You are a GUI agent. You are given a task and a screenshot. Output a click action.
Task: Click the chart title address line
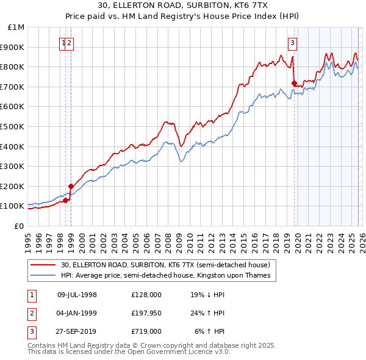click(183, 5)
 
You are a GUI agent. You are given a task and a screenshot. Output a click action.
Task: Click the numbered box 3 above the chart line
click(293, 43)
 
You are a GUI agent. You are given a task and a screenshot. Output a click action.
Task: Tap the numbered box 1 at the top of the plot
click(63, 43)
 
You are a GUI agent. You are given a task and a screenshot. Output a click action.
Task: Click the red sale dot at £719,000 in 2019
click(294, 83)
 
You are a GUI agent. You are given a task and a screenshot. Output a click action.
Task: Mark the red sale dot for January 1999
click(71, 187)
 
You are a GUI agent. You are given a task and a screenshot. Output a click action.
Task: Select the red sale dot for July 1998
click(66, 200)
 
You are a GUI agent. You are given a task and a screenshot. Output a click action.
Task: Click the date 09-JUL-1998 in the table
click(77, 295)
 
